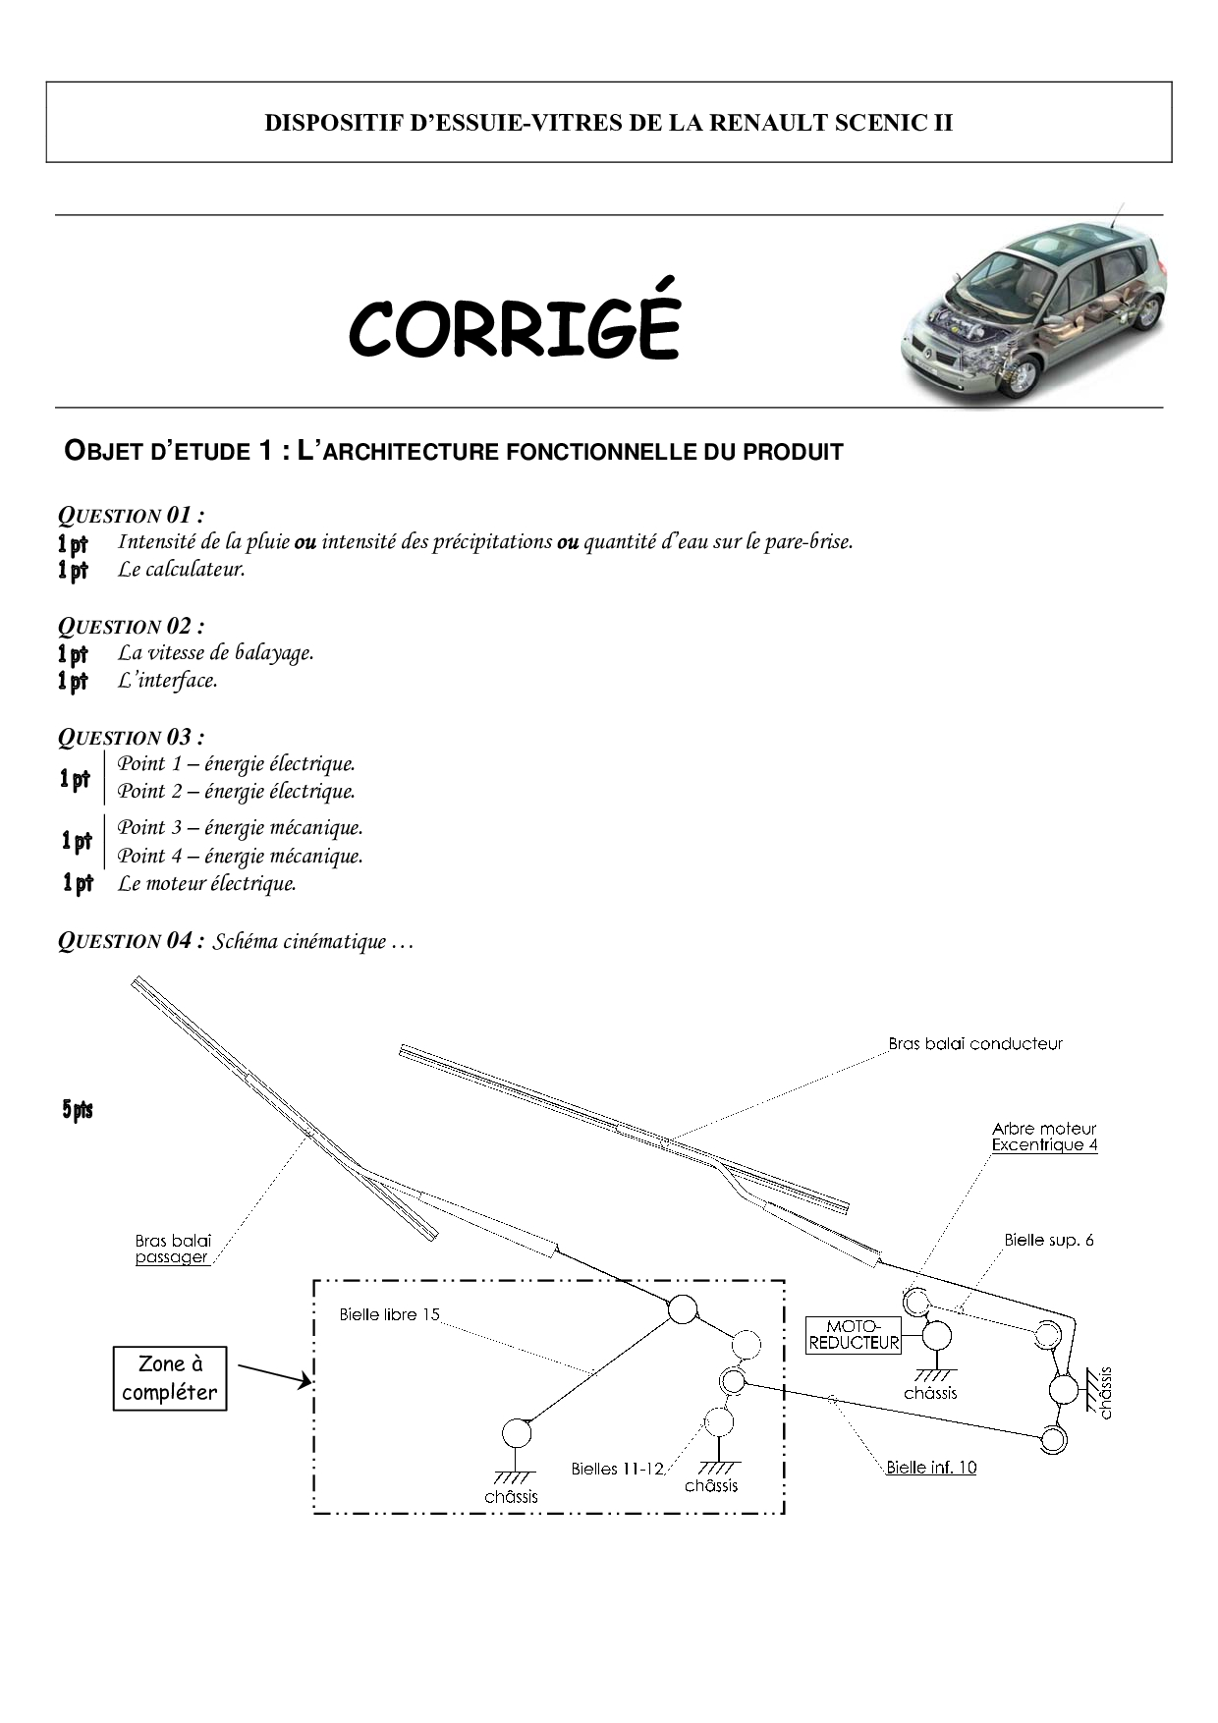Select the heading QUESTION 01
tap(131, 515)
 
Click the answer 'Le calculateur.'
tap(182, 569)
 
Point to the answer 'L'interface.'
tap(168, 680)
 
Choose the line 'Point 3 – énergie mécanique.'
tap(241, 827)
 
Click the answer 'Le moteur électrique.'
tap(207, 883)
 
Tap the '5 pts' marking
tap(78, 1110)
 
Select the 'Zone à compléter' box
tap(170, 1378)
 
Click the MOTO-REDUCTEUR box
tap(854, 1335)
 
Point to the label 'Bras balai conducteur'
tap(974, 1044)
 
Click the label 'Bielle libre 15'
tap(389, 1314)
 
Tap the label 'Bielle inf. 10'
tap(930, 1468)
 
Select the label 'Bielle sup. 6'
tap(1048, 1240)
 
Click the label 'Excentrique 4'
tap(1044, 1145)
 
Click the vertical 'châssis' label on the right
tap(1106, 1392)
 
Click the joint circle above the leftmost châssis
tap(516, 1434)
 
